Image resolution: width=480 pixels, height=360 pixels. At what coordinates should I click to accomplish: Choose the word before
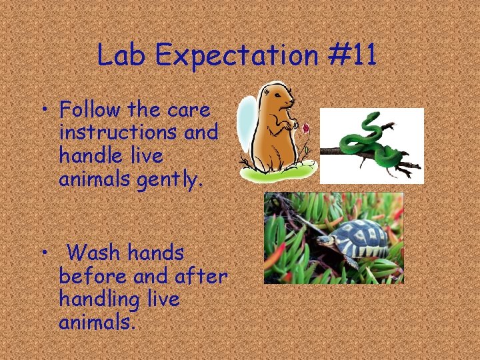click(93, 276)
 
